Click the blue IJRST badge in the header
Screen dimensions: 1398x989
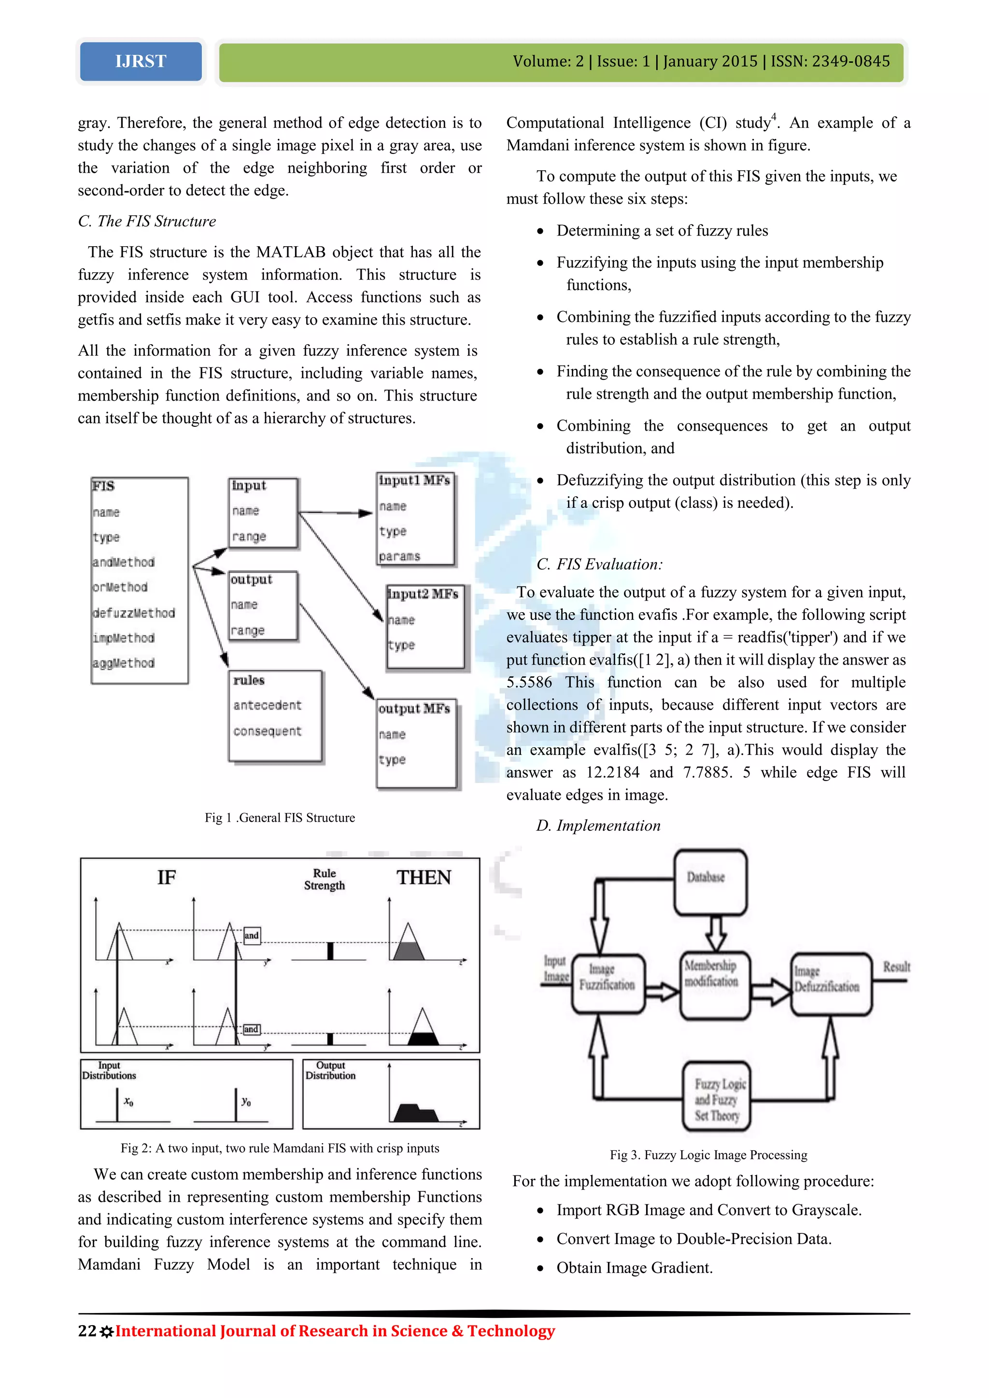point(141,61)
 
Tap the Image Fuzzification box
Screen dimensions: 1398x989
point(607,983)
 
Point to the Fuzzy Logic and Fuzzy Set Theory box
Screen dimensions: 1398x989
point(716,1099)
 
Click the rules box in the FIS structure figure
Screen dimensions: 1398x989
point(275,715)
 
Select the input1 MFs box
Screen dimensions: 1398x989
point(415,519)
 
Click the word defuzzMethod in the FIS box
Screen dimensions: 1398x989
point(134,613)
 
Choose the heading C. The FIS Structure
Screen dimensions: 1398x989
point(147,221)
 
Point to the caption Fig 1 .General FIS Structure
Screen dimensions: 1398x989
point(280,818)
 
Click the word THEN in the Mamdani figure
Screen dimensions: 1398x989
point(424,878)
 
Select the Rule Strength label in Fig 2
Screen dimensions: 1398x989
point(325,879)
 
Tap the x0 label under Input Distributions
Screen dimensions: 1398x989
point(128,1102)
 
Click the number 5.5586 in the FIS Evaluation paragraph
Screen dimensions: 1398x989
point(529,683)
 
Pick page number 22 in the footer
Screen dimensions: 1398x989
point(86,1331)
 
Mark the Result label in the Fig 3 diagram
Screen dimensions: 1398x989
point(896,967)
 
